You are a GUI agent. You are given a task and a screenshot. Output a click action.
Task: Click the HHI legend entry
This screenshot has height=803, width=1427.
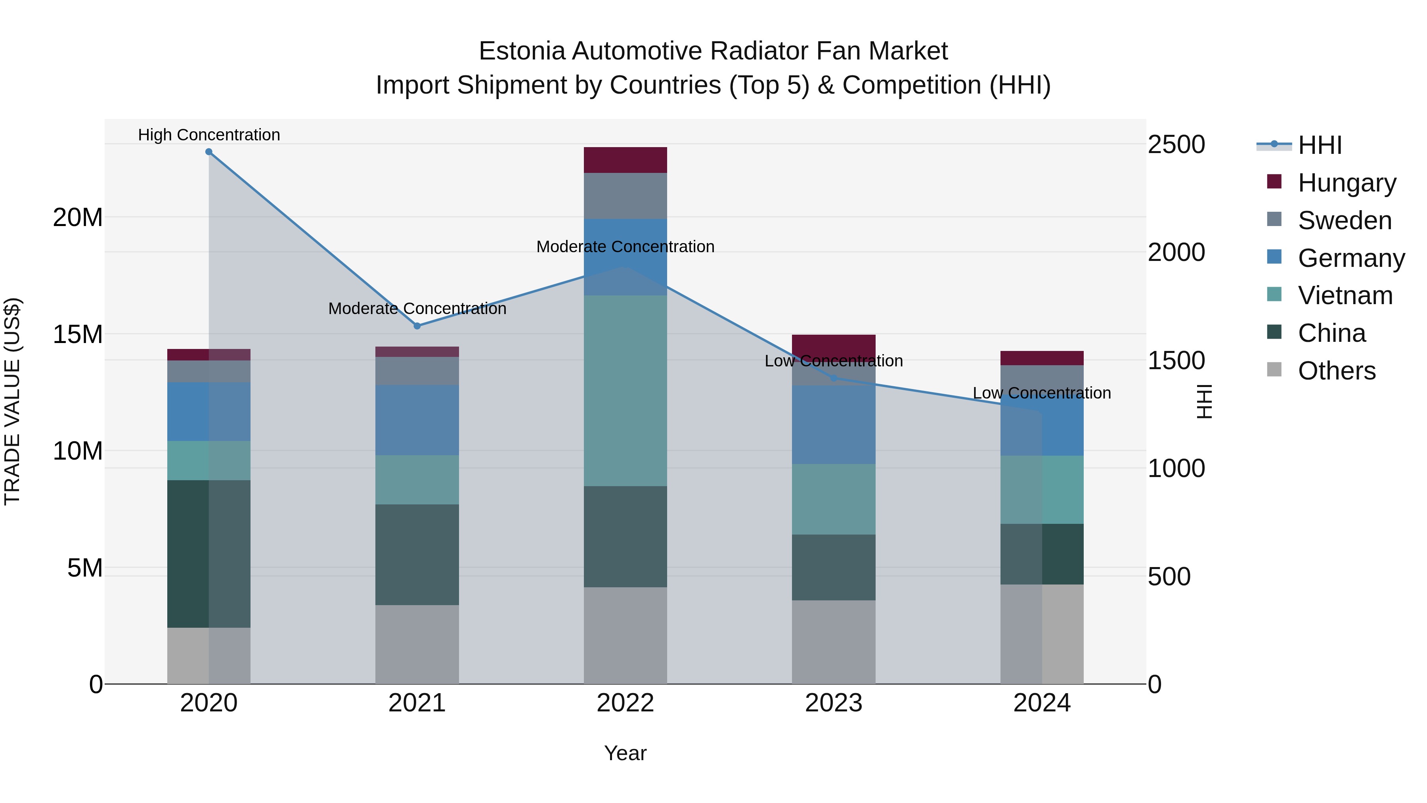point(1318,145)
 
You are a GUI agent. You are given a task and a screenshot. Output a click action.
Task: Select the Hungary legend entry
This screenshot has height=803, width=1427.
point(1346,183)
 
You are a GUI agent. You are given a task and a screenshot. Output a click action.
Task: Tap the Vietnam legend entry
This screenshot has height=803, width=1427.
point(1345,295)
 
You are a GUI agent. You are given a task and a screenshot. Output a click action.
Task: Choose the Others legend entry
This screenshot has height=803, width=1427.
point(1336,371)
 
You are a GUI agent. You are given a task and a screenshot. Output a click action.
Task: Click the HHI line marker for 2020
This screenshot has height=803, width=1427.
point(209,152)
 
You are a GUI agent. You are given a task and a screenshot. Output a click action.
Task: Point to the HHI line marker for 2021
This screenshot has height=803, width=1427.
point(417,326)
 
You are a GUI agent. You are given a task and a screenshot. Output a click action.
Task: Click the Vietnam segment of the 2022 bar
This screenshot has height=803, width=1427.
point(626,391)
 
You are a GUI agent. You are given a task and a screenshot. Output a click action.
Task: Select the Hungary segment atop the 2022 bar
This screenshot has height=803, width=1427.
point(626,160)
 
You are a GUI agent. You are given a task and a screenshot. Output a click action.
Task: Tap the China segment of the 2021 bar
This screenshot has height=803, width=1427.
point(417,554)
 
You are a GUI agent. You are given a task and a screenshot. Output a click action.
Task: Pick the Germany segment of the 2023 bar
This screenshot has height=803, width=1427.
point(834,424)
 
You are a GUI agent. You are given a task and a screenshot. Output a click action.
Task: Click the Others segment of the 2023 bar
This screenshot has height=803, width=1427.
point(834,642)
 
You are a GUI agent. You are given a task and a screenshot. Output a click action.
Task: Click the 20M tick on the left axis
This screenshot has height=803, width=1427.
point(78,217)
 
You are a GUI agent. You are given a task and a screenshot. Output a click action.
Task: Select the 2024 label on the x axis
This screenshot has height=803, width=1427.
point(1041,703)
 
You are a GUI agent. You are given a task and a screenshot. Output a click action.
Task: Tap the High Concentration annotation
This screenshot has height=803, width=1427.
point(209,135)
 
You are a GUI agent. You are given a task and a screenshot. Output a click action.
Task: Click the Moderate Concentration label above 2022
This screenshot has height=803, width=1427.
point(626,247)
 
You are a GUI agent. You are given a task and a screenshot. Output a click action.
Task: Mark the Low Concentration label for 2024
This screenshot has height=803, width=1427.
point(1041,393)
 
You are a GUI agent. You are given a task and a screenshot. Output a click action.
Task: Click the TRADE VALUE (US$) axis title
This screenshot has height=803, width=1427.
point(12,401)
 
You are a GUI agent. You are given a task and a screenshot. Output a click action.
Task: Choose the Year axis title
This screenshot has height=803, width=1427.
point(626,753)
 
